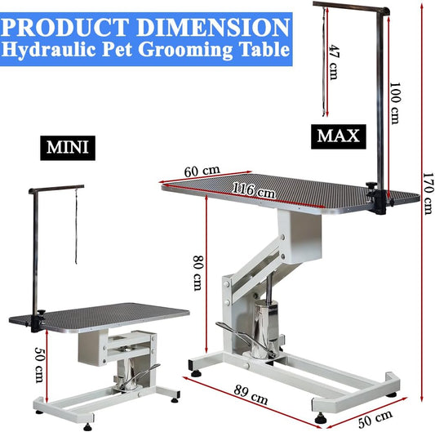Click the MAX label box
click(339, 136)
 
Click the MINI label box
click(68, 148)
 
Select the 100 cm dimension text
click(395, 103)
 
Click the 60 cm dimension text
click(202, 171)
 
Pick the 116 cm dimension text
click(254, 189)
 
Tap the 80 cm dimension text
click(198, 273)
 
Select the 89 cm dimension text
click(251, 394)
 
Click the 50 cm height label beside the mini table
click(40, 365)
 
